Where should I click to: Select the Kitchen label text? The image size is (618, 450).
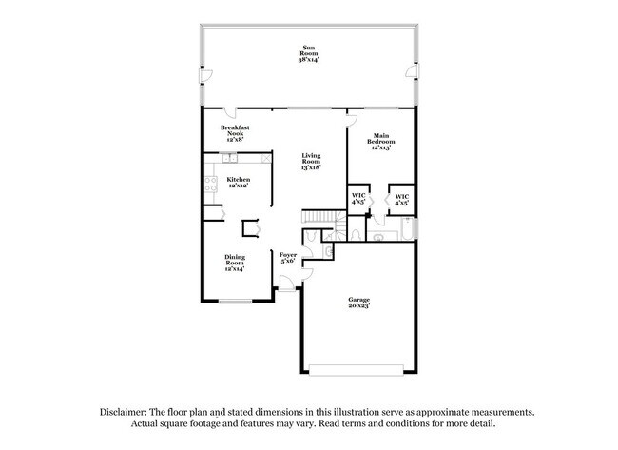tap(238, 182)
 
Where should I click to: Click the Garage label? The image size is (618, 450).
tap(357, 303)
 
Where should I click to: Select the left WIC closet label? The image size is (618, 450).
tap(358, 199)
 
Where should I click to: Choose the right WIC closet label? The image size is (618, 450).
tap(402, 199)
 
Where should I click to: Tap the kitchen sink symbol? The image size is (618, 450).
tap(229, 157)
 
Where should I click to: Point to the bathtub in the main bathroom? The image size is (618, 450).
tap(407, 229)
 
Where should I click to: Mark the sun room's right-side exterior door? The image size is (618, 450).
tap(410, 71)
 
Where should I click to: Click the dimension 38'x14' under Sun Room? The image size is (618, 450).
tap(309, 59)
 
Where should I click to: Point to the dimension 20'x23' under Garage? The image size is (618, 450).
tap(357, 306)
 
